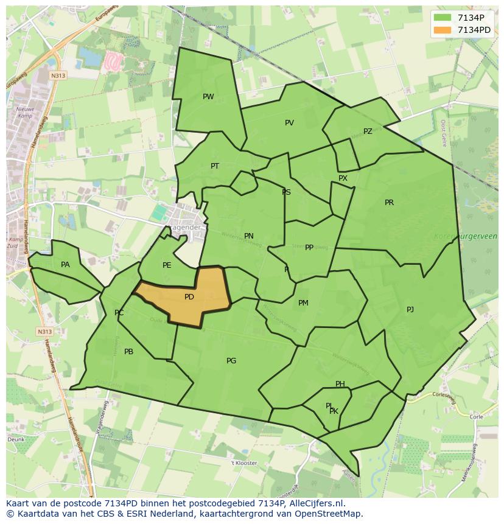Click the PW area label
pos(208,97)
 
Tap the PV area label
pos(289,123)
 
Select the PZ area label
pos(368,131)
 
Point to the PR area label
pos(389,203)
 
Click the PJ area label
pos(410,310)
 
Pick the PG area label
pos(231,361)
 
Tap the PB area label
pos(128,352)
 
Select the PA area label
pos(65,265)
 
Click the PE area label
pos(167,265)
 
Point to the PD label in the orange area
pos(189,297)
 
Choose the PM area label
pos(303,303)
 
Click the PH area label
pos(340,384)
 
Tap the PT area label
pos(215,166)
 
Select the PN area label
pos(248,236)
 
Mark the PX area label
pos(343,178)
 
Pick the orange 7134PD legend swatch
pos(443,30)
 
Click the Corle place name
pos(477,417)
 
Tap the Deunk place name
pos(16,439)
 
